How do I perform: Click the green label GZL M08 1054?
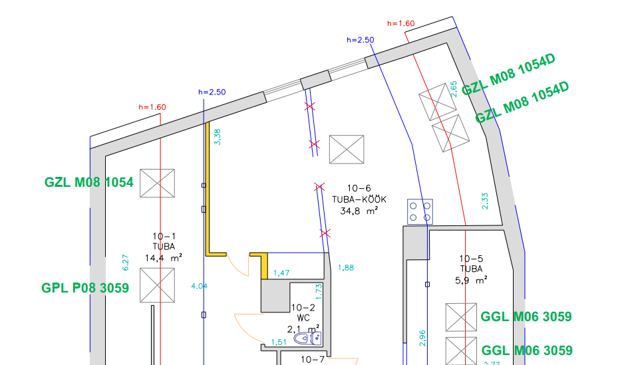click(x=89, y=182)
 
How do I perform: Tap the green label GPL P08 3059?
click(x=85, y=288)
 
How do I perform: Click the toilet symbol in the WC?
click(x=308, y=338)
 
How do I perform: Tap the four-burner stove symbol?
click(x=420, y=211)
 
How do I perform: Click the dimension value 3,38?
click(x=218, y=137)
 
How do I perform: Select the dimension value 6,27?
click(x=125, y=263)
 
